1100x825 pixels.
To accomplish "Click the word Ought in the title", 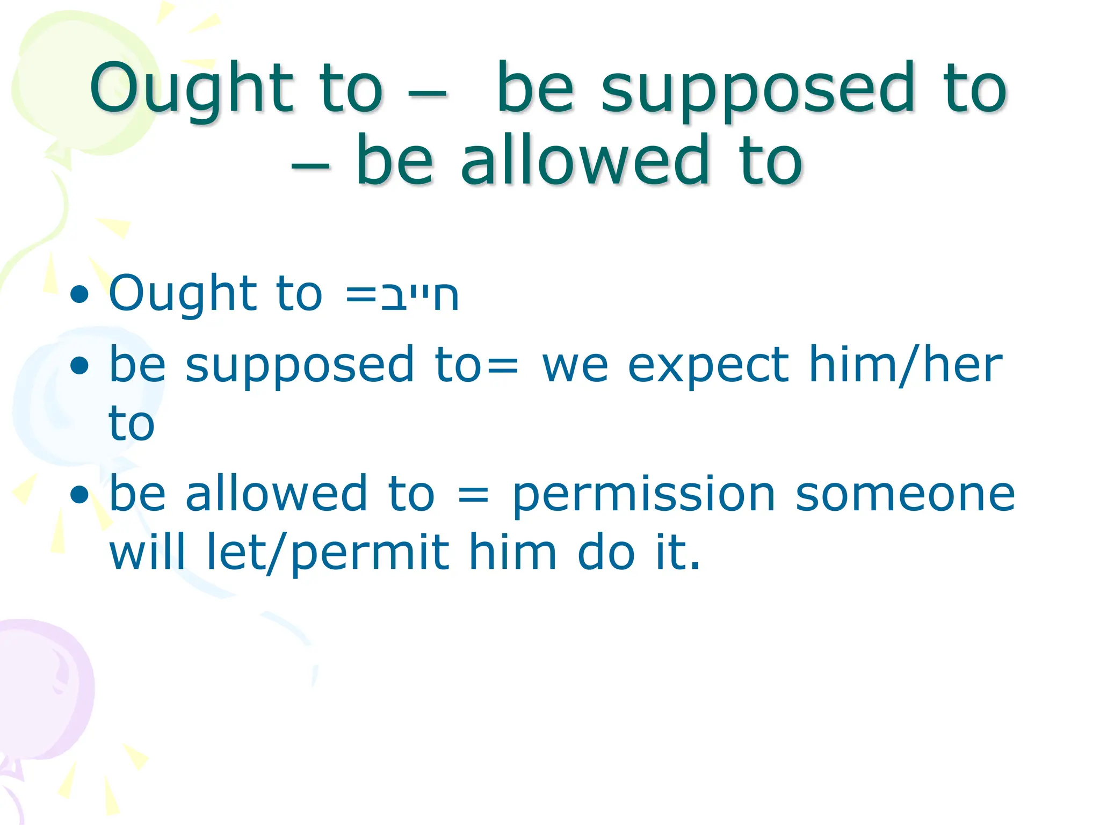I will pyautogui.click(x=191, y=89).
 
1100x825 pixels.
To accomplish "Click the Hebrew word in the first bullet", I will pyautogui.click(x=419, y=295).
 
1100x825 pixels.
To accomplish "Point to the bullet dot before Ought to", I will pyautogui.click(x=79, y=294).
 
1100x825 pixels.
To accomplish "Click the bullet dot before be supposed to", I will pyautogui.click(x=79, y=366).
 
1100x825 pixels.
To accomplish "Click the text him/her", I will pyautogui.click(x=905, y=365).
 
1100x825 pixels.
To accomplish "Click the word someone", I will pyautogui.click(x=905, y=494).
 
